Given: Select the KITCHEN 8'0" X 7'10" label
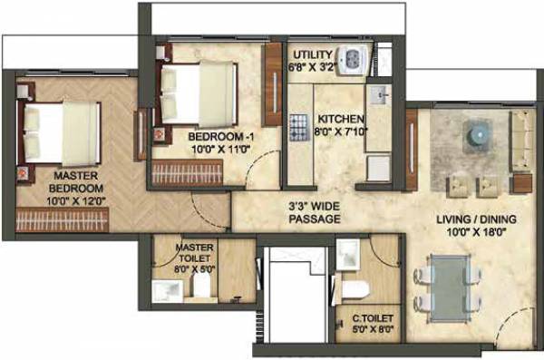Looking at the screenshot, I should point(342,126).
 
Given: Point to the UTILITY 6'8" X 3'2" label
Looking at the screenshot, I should point(312,60).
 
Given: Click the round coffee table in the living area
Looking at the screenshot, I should point(475,135).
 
